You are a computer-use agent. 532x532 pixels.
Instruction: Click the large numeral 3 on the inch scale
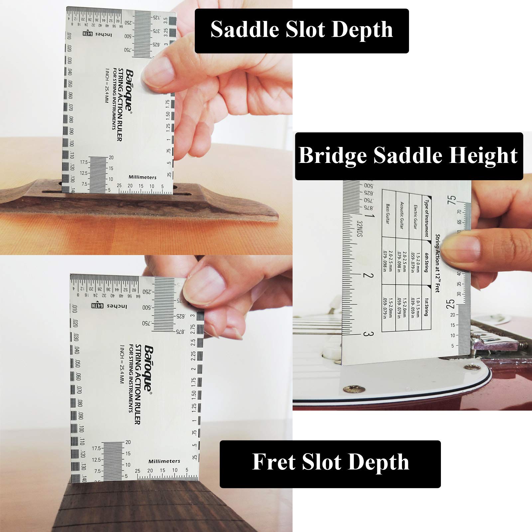point(366,334)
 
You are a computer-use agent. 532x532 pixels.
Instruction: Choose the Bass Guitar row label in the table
point(388,214)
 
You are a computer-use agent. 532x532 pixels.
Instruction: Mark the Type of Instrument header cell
point(426,216)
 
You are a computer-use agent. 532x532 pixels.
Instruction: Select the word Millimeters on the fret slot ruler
point(164,461)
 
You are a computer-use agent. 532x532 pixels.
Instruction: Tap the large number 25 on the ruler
point(451,303)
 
